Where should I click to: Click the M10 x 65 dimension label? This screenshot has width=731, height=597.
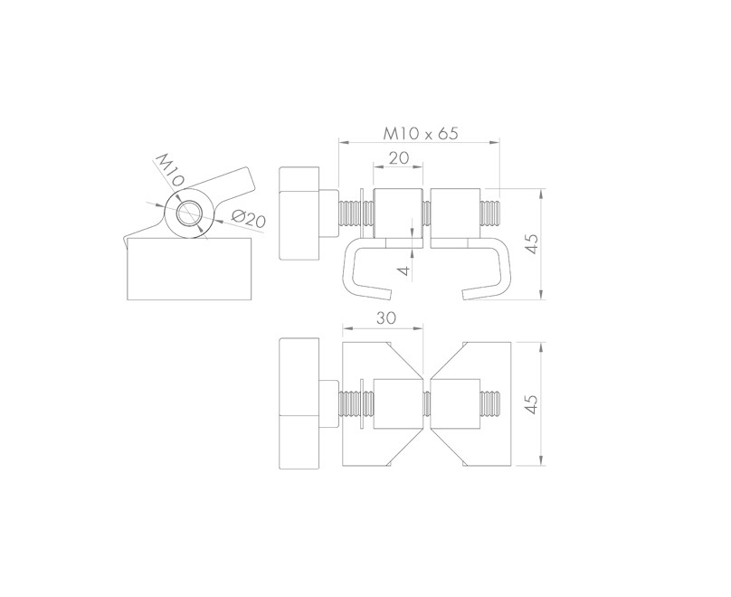coord(421,133)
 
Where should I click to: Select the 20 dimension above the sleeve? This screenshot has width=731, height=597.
coord(399,158)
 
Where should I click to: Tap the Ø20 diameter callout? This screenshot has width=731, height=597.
coord(248,219)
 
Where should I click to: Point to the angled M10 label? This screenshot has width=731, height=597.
coord(170,170)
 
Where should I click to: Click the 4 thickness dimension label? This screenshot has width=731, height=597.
coord(407,270)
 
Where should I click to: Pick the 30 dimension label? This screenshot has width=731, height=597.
coord(386,317)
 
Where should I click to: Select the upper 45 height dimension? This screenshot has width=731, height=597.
coord(532,243)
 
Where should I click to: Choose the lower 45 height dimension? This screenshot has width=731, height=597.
coord(532,404)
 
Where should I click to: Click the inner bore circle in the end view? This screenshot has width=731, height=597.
coord(189,213)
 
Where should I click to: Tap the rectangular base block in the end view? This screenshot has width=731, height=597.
coord(190,269)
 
